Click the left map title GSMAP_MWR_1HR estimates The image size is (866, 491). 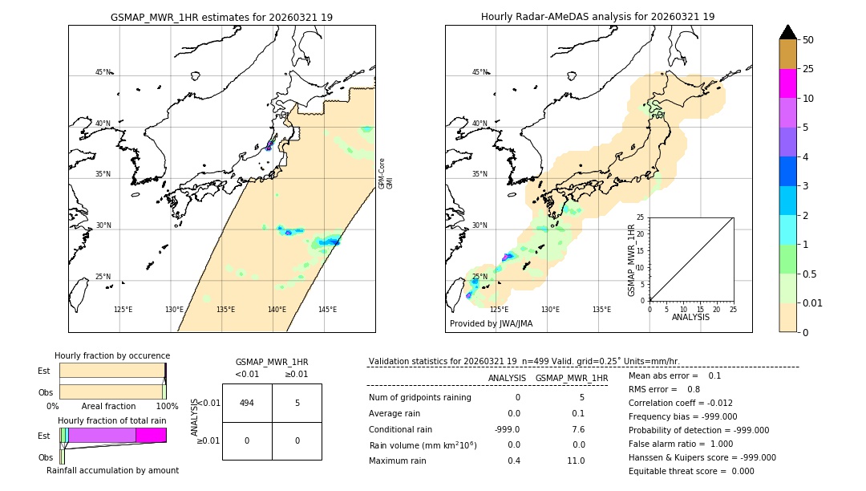221,17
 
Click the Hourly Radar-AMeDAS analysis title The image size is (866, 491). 597,17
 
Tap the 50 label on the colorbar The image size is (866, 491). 808,40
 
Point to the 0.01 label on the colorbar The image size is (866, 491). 814,302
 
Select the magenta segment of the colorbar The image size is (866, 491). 787,83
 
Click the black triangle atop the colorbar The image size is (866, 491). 787,32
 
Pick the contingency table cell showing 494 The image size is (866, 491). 247,403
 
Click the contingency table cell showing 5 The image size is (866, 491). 297,403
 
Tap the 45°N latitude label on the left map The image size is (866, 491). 103,72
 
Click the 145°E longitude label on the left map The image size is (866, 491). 327,310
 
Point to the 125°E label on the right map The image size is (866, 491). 499,310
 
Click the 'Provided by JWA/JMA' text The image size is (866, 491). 491,324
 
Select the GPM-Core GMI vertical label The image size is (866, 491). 386,173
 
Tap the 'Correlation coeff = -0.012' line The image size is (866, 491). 680,403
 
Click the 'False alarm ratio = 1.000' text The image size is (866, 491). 680,444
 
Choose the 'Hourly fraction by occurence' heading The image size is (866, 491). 112,355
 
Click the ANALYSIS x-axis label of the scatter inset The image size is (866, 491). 690,317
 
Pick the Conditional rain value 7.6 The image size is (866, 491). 578,428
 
